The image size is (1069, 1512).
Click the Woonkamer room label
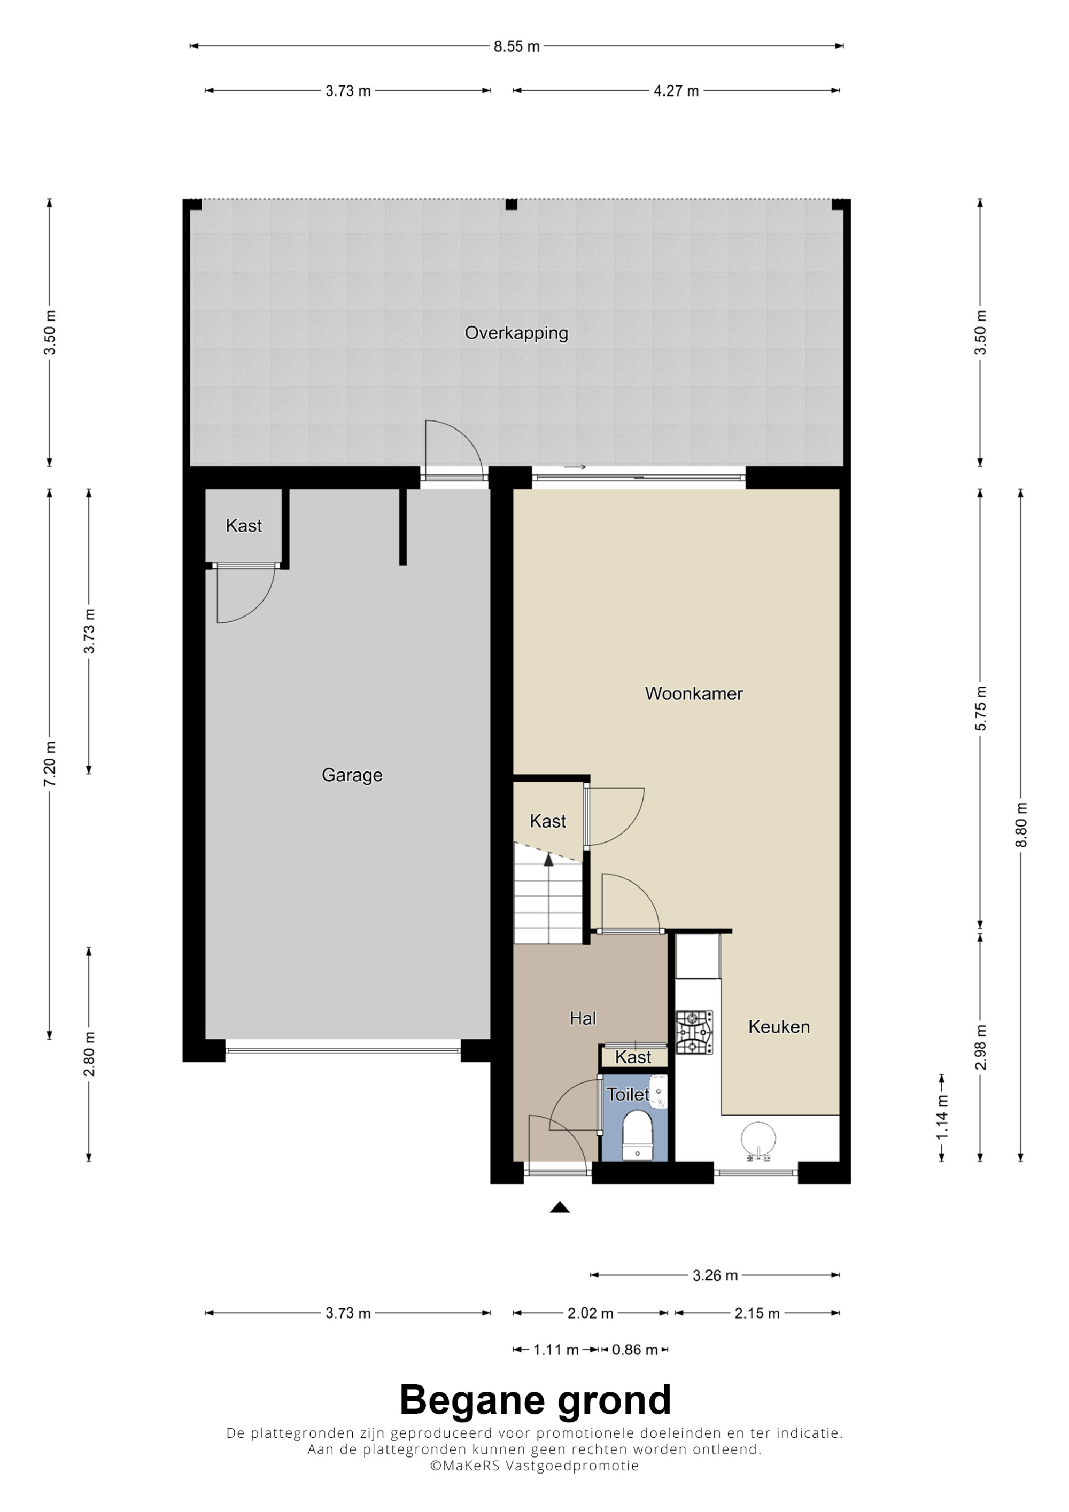[694, 693]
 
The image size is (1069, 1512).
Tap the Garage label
[352, 775]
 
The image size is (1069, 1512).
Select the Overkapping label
[516, 333]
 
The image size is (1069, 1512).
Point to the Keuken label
[779, 1027]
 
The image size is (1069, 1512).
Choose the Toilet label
[628, 1095]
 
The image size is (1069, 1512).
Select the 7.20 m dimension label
[50, 763]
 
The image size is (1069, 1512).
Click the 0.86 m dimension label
[634, 1350]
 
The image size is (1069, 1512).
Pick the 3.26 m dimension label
[715, 1276]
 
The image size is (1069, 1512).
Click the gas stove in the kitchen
[694, 1033]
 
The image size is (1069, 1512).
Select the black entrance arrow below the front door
[560, 1206]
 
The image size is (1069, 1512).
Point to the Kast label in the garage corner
[244, 526]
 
